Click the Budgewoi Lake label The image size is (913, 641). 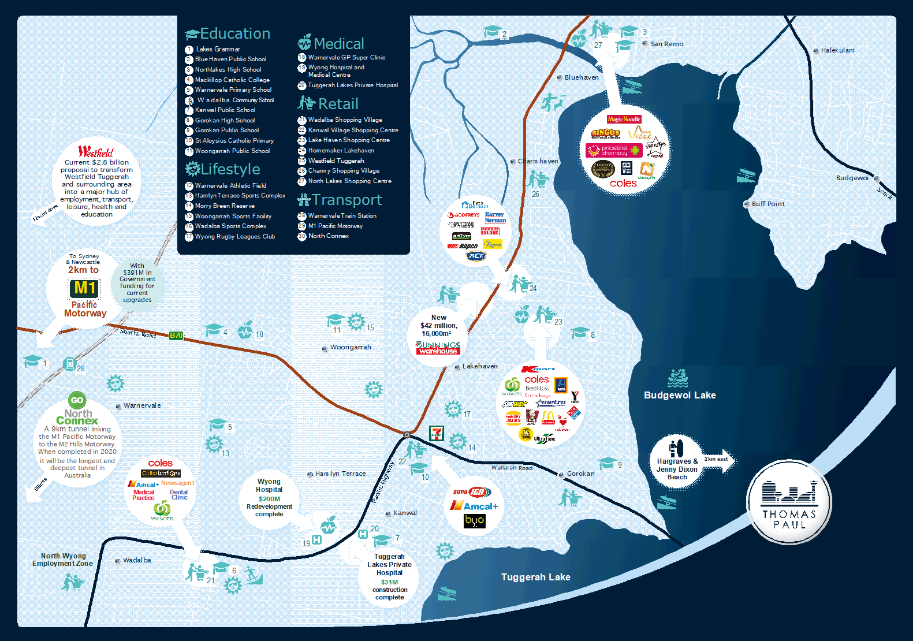[680, 395]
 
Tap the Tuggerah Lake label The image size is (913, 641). [535, 577]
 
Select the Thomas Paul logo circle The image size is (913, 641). [789, 502]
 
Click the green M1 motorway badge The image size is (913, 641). [84, 288]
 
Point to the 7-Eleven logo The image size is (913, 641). [437, 433]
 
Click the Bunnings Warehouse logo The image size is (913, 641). [438, 348]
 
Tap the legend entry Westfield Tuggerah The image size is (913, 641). [336, 161]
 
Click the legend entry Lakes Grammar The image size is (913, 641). [218, 49]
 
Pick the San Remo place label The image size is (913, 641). [666, 44]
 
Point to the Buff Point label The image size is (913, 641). [767, 204]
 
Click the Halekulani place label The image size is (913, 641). [837, 50]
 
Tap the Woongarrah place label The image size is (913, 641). [350, 347]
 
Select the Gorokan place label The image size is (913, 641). [580, 474]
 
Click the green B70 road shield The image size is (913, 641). [176, 336]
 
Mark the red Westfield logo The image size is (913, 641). [96, 152]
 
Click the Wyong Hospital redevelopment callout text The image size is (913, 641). [269, 497]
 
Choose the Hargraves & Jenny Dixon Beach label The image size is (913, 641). [677, 469]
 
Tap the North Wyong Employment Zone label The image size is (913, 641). [62, 560]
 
